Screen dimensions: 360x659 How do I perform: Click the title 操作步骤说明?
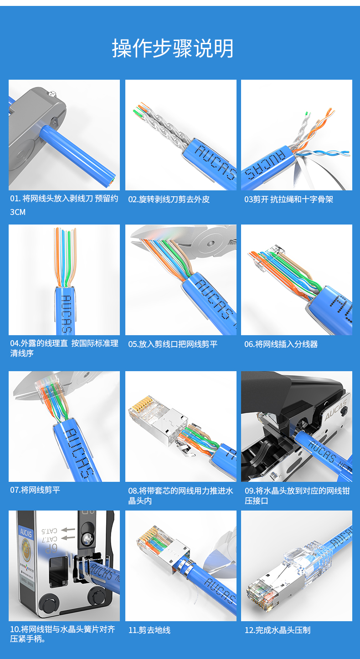[x=173, y=48]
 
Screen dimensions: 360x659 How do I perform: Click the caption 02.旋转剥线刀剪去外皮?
[x=169, y=199]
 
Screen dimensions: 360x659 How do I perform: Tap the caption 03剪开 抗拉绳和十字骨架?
[x=288, y=199]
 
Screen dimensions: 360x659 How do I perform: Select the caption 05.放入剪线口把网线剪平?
[x=173, y=344]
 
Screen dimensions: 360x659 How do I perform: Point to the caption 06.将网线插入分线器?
[x=281, y=344]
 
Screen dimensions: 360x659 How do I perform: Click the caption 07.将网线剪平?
[x=35, y=490]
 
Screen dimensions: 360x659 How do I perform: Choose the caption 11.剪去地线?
[x=149, y=630]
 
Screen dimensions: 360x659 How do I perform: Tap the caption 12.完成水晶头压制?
[x=277, y=630]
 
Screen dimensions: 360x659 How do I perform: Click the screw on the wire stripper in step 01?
[x=52, y=93]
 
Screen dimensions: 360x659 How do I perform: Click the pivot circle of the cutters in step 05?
[x=211, y=243]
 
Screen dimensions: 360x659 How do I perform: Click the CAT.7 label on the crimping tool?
[x=50, y=539]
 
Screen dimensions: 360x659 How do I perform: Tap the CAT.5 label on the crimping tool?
[x=50, y=531]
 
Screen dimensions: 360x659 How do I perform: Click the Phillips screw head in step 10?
[x=87, y=538]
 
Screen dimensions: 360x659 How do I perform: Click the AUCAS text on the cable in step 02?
[x=216, y=162]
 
